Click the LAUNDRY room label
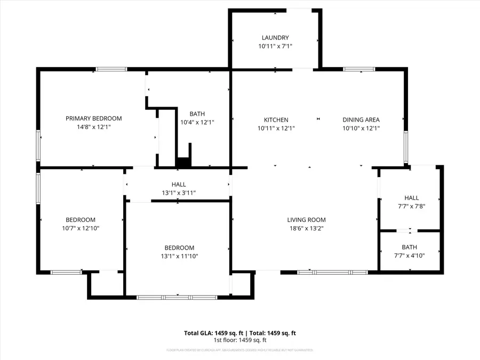[x=275, y=37]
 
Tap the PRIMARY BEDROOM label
[x=93, y=118]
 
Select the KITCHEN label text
[x=276, y=120]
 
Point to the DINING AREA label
[x=361, y=120]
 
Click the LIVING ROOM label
[x=306, y=220]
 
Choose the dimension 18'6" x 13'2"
[x=306, y=228]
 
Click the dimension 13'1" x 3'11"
[x=179, y=193]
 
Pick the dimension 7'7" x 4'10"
[x=410, y=255]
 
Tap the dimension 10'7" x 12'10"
[x=81, y=228]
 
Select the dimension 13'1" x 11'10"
[x=179, y=256]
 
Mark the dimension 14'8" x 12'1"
[x=93, y=127]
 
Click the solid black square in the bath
[x=183, y=162]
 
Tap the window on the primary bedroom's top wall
[x=111, y=69]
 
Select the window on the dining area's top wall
[x=359, y=69]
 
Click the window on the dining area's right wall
[x=405, y=147]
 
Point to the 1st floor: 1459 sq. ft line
[x=240, y=340]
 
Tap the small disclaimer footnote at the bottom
[x=240, y=350]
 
